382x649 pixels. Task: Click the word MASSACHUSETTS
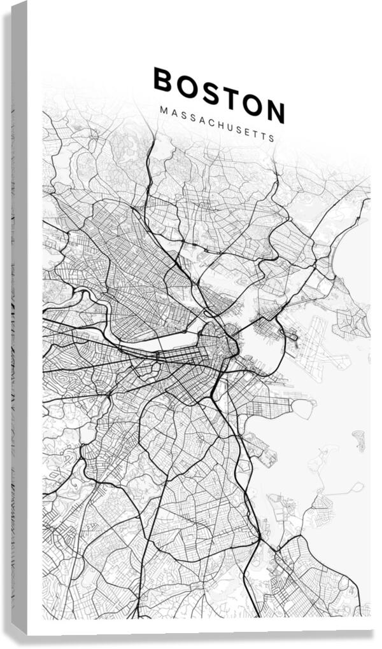(217, 124)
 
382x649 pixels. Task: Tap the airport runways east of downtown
(318, 346)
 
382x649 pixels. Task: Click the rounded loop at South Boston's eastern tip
(304, 409)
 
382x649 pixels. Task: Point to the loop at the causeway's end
(357, 488)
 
